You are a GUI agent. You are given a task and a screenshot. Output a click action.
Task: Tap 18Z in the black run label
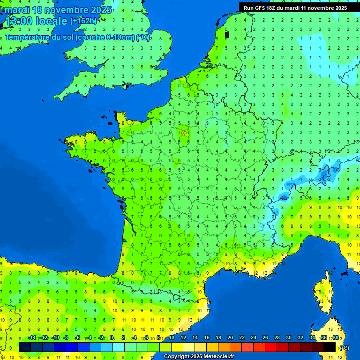[x=273, y=8]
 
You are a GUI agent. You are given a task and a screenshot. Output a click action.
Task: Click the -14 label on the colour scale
[x=32, y=337]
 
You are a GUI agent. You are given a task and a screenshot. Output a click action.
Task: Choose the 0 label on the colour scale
[x=112, y=337]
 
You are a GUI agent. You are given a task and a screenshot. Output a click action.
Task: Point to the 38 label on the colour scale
[x=335, y=337]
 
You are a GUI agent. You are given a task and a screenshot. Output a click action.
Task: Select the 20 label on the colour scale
[x=230, y=337]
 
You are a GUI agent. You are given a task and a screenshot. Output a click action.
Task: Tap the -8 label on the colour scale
[x=66, y=337]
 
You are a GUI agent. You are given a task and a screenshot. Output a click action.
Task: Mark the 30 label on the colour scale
[x=288, y=337]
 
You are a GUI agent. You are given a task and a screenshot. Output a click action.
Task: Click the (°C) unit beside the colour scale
[x=344, y=347]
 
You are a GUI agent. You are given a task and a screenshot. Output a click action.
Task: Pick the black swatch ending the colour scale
[x=330, y=347]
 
